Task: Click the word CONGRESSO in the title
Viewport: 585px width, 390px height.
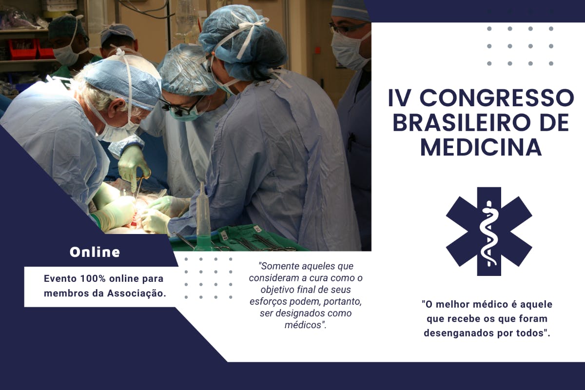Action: click(x=497, y=98)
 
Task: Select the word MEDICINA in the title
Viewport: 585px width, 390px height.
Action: click(x=481, y=148)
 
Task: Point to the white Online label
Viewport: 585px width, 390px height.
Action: click(x=95, y=253)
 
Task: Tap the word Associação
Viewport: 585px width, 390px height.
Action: click(x=136, y=293)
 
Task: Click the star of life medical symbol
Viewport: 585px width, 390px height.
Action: click(x=489, y=232)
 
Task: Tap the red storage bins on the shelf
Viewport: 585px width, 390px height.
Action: click(x=29, y=49)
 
